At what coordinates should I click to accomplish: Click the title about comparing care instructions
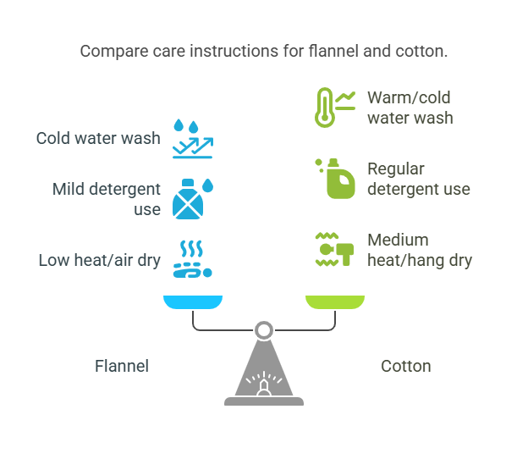(264, 52)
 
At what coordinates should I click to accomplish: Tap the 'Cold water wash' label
(98, 137)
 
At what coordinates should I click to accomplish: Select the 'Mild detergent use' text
(106, 198)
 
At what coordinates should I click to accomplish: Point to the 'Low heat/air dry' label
(100, 260)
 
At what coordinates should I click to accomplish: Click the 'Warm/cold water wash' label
(410, 108)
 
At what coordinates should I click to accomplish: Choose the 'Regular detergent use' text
(418, 179)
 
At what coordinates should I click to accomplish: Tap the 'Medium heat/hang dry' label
(419, 250)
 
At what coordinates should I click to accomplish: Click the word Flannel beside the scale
(122, 366)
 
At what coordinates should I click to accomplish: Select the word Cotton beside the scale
(406, 366)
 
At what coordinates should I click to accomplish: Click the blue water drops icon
(192, 138)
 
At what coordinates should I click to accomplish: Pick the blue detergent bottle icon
(192, 198)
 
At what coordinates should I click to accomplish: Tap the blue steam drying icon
(192, 259)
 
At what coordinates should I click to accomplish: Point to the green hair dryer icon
(334, 249)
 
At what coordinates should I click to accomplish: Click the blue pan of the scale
(193, 301)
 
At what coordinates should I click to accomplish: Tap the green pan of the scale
(335, 301)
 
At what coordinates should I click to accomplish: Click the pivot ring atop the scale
(264, 328)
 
